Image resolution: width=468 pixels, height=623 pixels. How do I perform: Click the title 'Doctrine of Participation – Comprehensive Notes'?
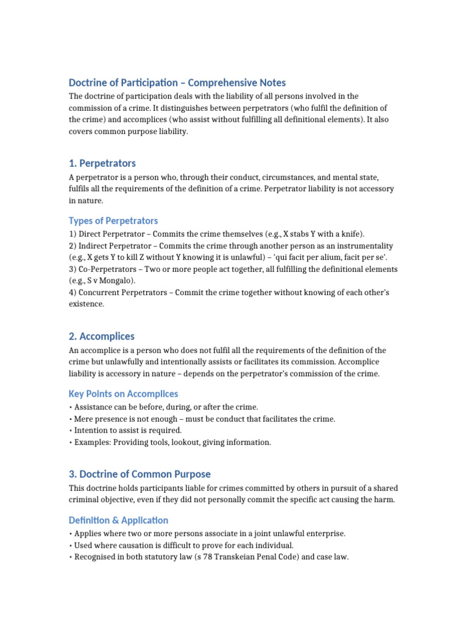click(x=177, y=83)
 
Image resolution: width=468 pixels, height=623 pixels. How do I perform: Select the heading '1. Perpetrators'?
click(x=102, y=164)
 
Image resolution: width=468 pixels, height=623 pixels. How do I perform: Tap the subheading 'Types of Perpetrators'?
click(x=113, y=221)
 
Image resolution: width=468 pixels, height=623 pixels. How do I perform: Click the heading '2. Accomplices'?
click(x=102, y=336)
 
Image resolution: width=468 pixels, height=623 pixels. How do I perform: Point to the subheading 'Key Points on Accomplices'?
click(x=123, y=394)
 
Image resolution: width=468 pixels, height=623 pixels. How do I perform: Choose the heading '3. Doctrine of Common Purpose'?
click(x=140, y=475)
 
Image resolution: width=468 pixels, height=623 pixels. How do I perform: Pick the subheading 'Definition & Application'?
click(x=118, y=520)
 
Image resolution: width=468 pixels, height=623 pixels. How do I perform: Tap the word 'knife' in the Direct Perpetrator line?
click(x=351, y=234)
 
